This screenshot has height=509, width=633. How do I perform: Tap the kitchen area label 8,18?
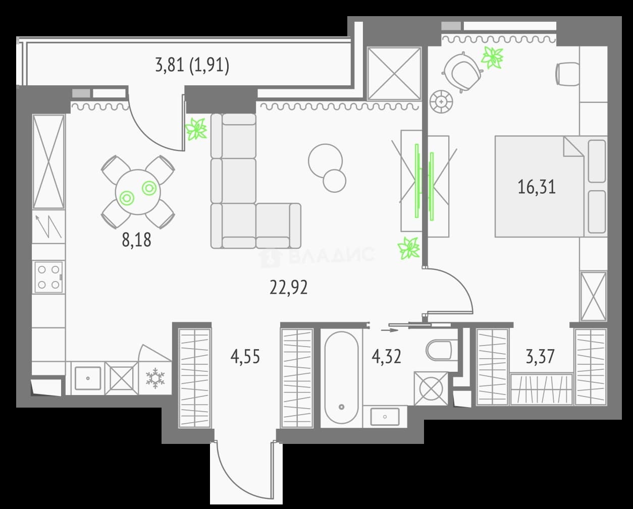(x=136, y=240)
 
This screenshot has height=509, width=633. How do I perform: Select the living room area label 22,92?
(x=289, y=287)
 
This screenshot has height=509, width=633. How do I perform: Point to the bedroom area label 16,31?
(x=537, y=187)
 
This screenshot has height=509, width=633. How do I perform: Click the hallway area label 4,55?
(x=245, y=357)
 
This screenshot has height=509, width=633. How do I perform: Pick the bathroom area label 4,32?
(x=386, y=357)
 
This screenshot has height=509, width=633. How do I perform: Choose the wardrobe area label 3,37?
(x=540, y=357)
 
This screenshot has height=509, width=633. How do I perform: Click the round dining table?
(x=138, y=192)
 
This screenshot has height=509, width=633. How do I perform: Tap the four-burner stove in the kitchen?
(x=48, y=277)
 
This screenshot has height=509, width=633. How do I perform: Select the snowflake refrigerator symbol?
(x=155, y=378)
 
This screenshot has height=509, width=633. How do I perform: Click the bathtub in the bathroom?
(x=341, y=378)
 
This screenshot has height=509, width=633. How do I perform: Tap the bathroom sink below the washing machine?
(x=385, y=416)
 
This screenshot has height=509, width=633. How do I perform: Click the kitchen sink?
(x=88, y=378)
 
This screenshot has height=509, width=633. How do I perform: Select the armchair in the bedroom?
(x=462, y=72)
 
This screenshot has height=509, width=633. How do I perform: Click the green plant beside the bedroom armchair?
(x=492, y=58)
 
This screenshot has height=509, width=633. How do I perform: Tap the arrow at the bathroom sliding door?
(x=389, y=330)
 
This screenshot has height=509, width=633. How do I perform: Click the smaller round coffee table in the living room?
(x=334, y=181)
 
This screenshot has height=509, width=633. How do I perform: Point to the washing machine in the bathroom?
(x=431, y=388)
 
